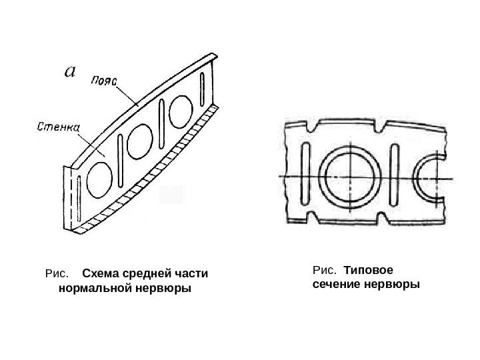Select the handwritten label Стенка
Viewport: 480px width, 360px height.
[57, 125]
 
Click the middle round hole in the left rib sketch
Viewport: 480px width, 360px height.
[139, 141]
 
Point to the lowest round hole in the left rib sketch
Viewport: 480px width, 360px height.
[100, 180]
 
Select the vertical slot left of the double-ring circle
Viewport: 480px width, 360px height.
[305, 175]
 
